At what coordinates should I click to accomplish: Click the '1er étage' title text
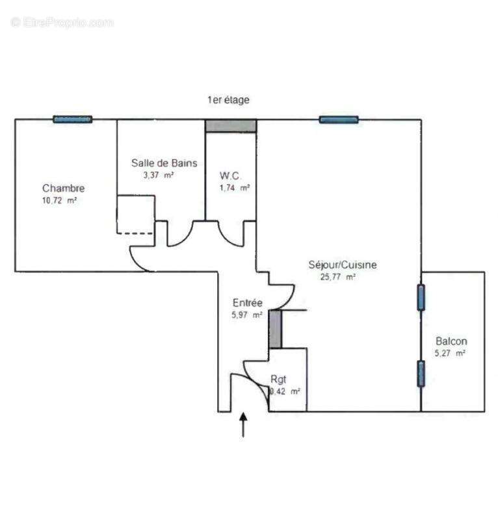coord(228,100)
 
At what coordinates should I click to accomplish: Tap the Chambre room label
coord(64,188)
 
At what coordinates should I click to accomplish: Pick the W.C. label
coord(231,175)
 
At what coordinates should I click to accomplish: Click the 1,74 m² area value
coord(235,187)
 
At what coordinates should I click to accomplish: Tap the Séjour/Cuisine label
coord(343,265)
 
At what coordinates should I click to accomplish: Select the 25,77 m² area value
coord(337,276)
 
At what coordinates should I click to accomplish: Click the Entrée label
coord(248,303)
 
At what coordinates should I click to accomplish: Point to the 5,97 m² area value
coord(248,315)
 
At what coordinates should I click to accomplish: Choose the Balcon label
coord(451,341)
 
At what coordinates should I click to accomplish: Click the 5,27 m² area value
coord(450,353)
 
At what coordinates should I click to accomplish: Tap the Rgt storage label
coord(278,379)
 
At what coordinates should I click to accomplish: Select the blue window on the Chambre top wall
coord(73,120)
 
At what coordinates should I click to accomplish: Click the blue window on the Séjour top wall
coord(339,120)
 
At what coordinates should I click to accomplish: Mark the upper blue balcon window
coord(421,298)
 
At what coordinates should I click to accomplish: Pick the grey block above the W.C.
coord(231,125)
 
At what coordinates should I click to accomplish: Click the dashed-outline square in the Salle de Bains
coord(135,214)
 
